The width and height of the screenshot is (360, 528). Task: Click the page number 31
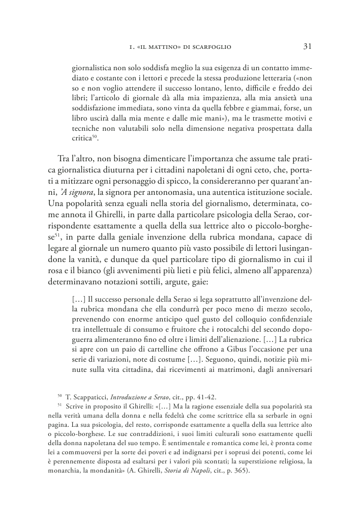coord(307,46)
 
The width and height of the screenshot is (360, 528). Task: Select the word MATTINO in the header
coord(163,47)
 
